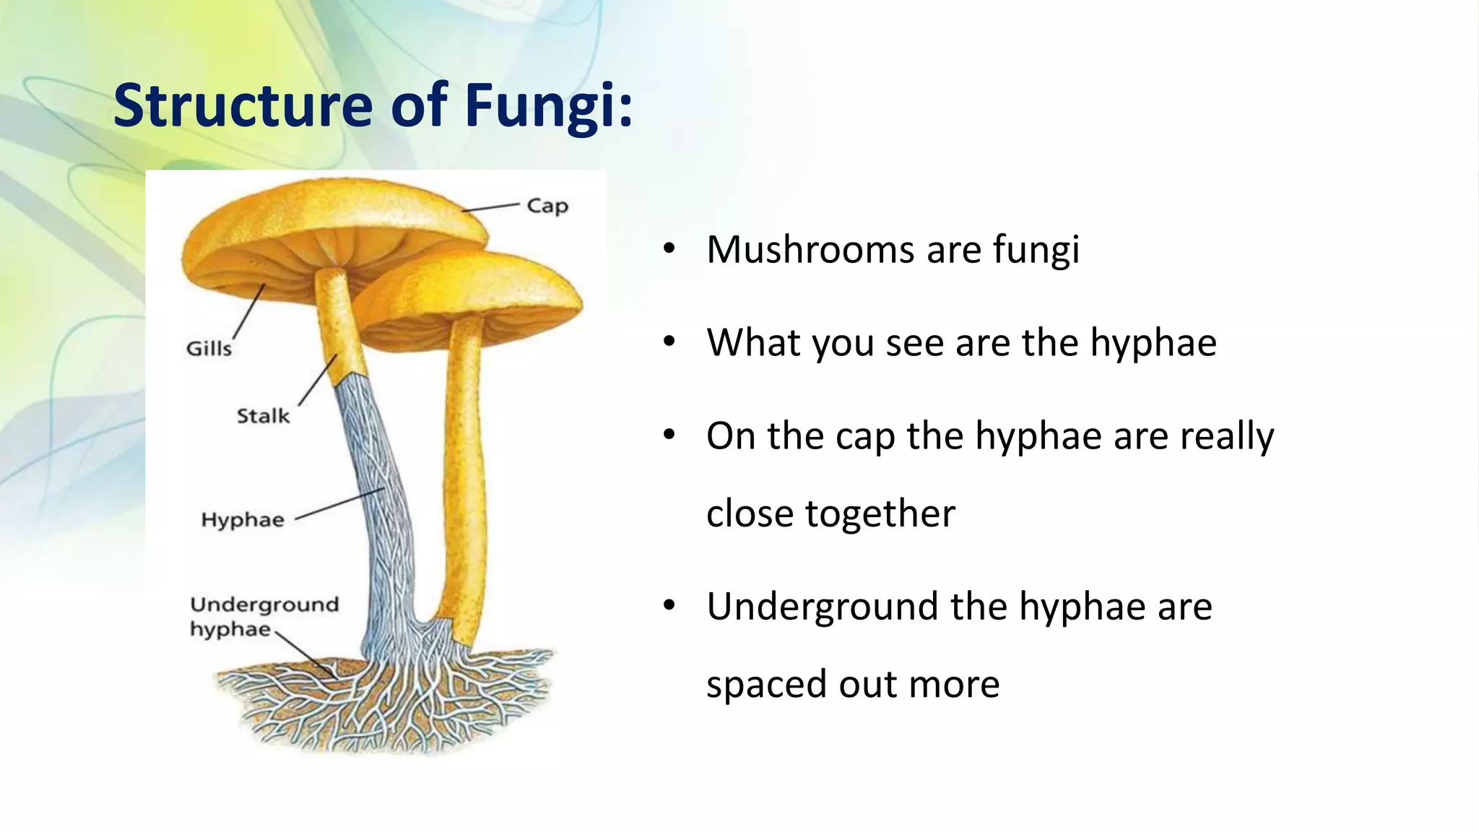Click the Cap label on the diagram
click(547, 206)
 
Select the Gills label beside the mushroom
click(209, 348)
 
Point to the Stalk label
click(263, 416)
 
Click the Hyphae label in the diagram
click(243, 520)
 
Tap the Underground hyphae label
click(264, 616)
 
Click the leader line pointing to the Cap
click(490, 208)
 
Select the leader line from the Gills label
click(249, 312)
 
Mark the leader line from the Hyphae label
click(339, 504)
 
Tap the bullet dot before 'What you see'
click(669, 341)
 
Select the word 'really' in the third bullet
click(1227, 436)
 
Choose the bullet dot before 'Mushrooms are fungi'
click(669, 248)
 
